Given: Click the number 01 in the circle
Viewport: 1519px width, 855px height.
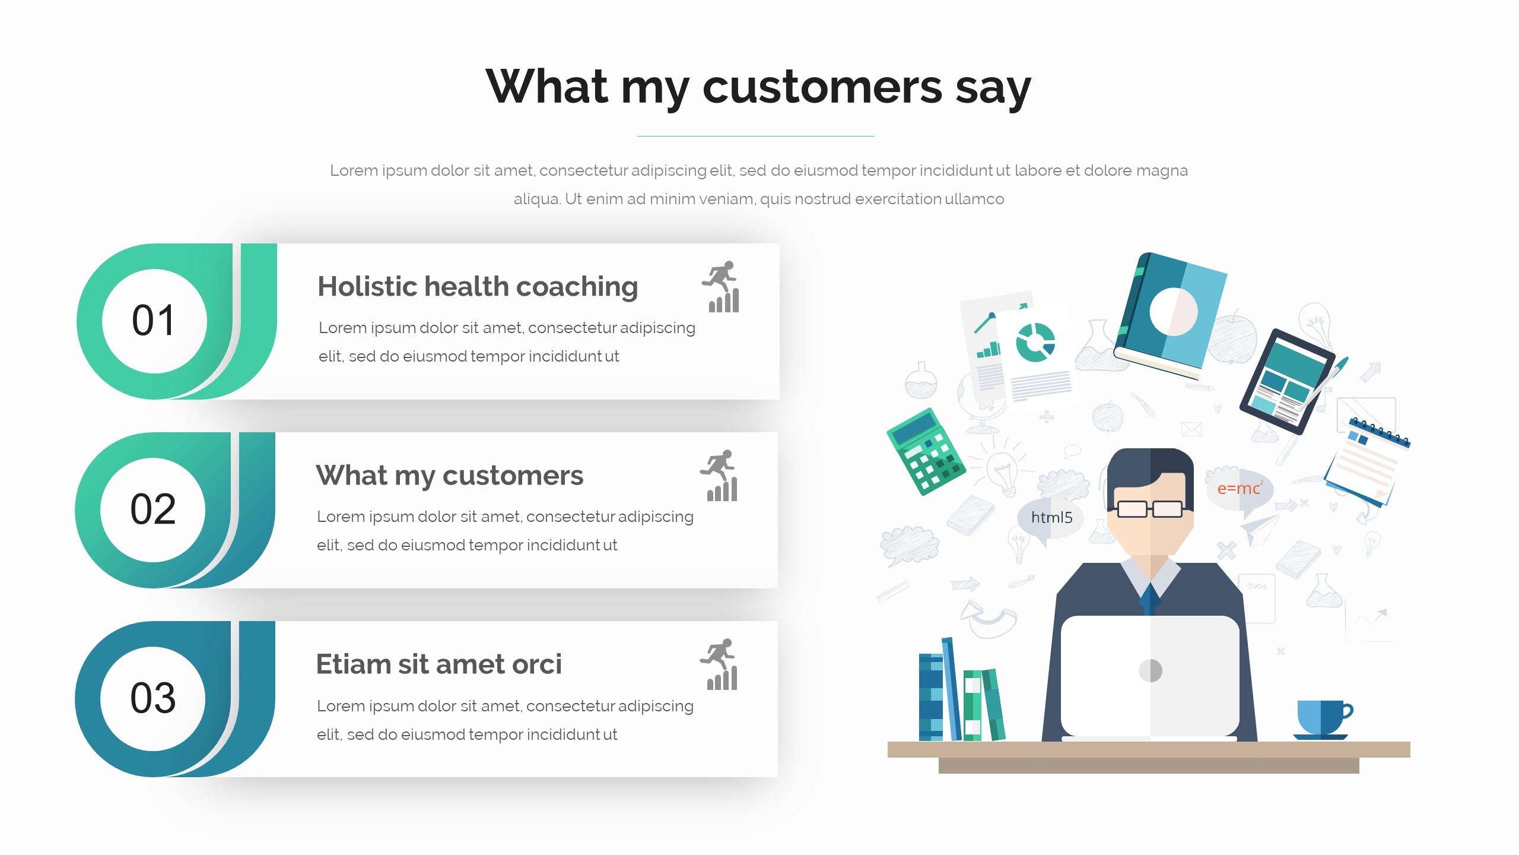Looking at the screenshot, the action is pos(154,321).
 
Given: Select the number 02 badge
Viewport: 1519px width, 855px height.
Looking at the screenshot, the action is pos(153,509).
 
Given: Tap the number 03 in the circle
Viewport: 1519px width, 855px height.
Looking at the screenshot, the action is pos(153,698).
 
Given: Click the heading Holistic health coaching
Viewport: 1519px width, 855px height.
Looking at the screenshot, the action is pos(478,287).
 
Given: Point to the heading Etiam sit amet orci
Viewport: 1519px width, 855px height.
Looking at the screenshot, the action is pos(438,664).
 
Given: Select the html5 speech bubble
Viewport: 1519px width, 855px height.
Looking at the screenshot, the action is pos(1051,518).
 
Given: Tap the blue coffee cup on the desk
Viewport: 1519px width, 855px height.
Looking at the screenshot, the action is pos(1323,719).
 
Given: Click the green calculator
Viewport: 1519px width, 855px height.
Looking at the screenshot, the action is pos(926,451).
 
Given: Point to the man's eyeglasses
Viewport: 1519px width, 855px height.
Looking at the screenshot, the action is pos(1150,509).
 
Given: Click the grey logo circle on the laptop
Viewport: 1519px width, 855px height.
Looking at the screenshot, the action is pos(1151,671).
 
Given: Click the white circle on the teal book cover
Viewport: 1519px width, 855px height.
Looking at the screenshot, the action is pos(1173,312).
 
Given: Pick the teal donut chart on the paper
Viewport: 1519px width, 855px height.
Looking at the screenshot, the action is pos(1035,343).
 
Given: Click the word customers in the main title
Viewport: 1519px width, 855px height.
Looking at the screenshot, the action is pos(822,87).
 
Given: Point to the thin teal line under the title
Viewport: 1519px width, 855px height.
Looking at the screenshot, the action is pos(756,136).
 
